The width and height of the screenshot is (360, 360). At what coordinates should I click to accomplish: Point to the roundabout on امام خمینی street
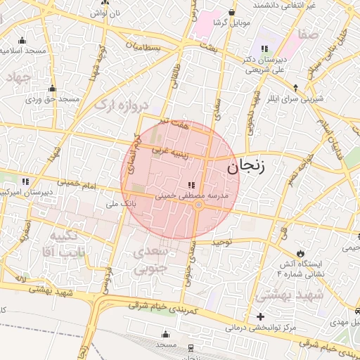(x=199, y=205)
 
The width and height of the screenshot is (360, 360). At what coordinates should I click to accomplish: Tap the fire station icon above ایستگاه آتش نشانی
(x=301, y=252)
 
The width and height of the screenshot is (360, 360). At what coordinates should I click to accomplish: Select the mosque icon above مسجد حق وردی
(x=51, y=89)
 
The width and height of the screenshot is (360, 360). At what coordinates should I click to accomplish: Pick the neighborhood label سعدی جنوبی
(x=151, y=259)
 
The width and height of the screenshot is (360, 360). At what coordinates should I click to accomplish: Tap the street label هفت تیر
(x=174, y=124)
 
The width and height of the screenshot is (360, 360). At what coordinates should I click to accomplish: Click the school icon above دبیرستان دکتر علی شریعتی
(x=264, y=48)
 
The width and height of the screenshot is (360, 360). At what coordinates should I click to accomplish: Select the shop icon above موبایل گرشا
(x=232, y=12)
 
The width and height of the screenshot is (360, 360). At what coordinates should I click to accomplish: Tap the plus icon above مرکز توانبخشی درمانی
(x=260, y=316)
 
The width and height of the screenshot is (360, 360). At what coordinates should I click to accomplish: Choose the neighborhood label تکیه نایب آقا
(x=67, y=243)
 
